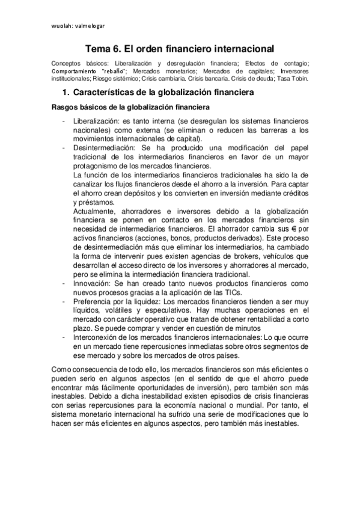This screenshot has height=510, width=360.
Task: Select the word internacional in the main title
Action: pyautogui.click(x=244, y=48)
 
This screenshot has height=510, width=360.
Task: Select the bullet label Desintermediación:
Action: pyautogui.click(x=102, y=147)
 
